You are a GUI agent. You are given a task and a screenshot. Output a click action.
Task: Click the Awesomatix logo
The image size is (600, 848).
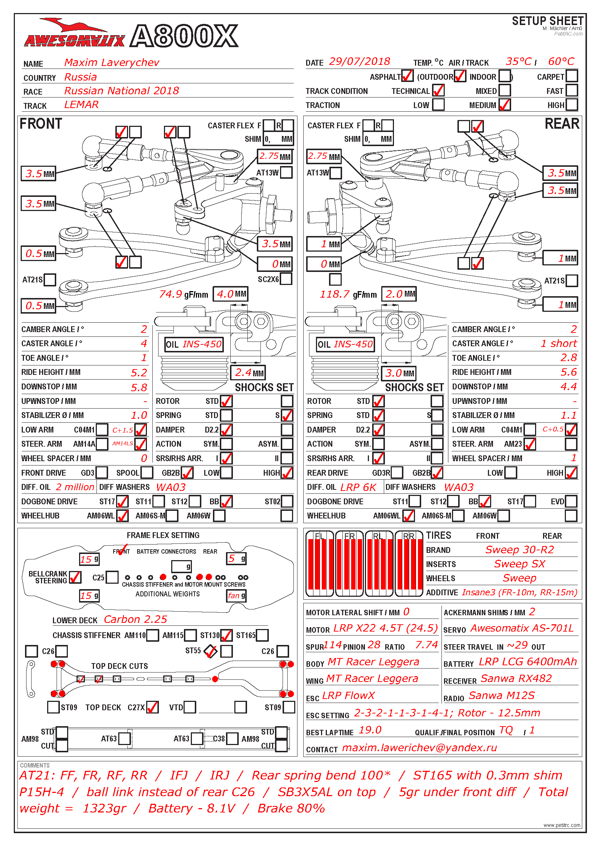tap(74, 36)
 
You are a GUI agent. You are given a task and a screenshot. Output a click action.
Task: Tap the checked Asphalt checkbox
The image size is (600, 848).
tap(407, 76)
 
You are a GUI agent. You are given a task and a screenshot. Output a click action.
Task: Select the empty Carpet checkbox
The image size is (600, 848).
tap(572, 76)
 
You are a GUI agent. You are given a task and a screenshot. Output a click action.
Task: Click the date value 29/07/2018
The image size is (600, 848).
tap(359, 62)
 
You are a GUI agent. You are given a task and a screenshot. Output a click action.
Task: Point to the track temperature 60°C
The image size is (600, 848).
tap(561, 62)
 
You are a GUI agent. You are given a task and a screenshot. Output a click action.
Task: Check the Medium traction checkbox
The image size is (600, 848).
tap(504, 105)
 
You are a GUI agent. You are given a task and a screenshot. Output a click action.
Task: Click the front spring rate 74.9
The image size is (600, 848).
tap(170, 294)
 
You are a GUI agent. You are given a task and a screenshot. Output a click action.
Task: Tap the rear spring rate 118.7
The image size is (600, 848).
tap(334, 294)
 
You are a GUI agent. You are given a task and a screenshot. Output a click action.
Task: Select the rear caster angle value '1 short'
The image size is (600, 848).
tap(558, 343)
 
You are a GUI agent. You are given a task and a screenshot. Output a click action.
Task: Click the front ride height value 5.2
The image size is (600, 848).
tap(139, 373)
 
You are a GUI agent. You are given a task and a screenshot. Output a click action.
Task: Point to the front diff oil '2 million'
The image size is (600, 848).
tap(75, 487)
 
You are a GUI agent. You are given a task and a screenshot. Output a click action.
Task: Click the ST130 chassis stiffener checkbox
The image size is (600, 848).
tap(226, 635)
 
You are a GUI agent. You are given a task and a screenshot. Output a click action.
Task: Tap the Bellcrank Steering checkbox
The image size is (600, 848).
tap(75, 577)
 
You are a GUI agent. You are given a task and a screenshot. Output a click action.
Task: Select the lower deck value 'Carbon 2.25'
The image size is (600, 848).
tap(135, 619)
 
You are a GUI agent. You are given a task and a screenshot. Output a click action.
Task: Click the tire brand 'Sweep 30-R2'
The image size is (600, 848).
tap(519, 550)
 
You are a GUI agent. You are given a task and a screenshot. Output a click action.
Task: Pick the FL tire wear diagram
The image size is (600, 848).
tap(320, 564)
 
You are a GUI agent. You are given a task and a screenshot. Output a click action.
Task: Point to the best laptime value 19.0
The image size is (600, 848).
tap(370, 730)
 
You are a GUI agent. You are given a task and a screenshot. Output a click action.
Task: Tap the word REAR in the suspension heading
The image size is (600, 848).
tap(562, 124)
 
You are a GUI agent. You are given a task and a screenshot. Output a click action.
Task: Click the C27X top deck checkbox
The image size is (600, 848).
tap(152, 707)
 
